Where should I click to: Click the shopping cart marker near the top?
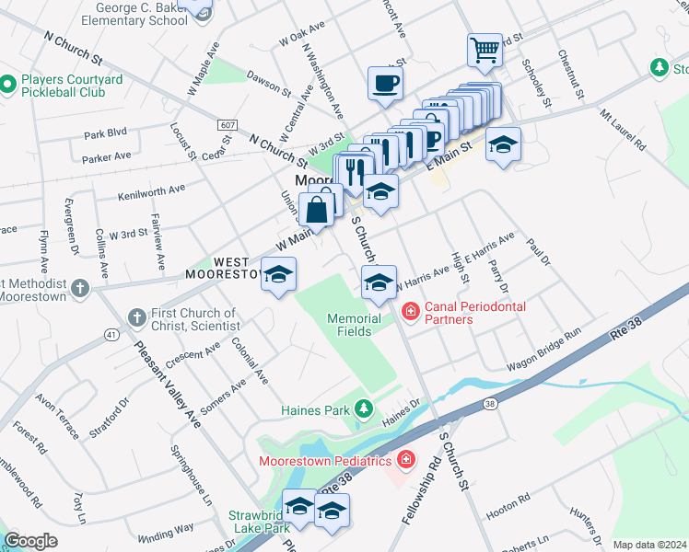484,50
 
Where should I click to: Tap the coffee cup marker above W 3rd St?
384,84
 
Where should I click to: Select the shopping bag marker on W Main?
316,209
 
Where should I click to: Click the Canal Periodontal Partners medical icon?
410,313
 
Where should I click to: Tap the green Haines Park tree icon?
366,407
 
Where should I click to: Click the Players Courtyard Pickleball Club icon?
7,86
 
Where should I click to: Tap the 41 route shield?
111,333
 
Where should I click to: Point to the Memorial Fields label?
355,325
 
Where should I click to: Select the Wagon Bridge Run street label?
544,351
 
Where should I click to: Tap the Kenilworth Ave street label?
152,192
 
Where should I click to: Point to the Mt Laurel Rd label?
623,131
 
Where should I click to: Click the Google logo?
30,541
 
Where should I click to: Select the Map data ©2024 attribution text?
649,545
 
